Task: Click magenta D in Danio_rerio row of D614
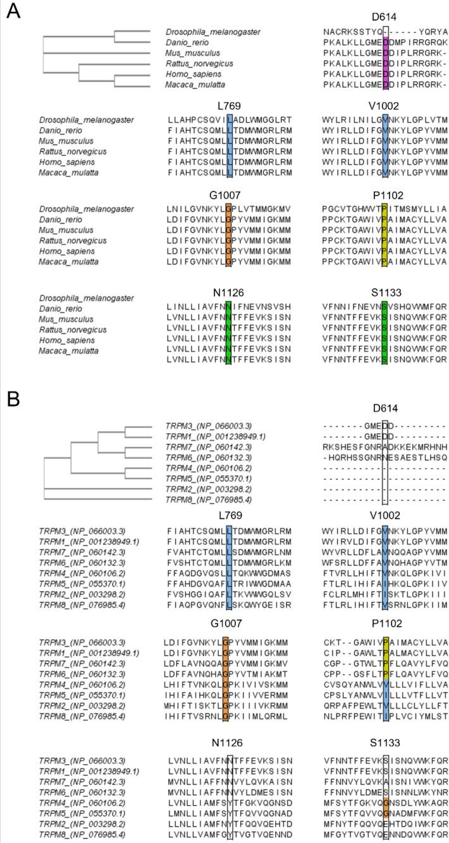[x=385, y=42]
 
